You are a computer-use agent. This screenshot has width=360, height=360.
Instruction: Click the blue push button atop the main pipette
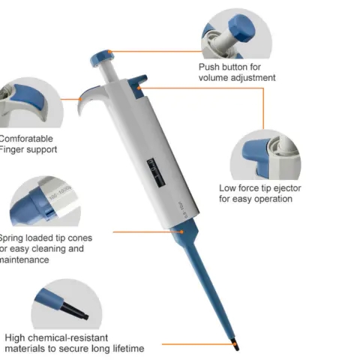point(100,56)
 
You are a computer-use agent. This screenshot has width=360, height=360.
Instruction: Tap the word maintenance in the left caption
point(25,259)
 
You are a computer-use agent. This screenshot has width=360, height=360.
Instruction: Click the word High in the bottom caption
point(16,337)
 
